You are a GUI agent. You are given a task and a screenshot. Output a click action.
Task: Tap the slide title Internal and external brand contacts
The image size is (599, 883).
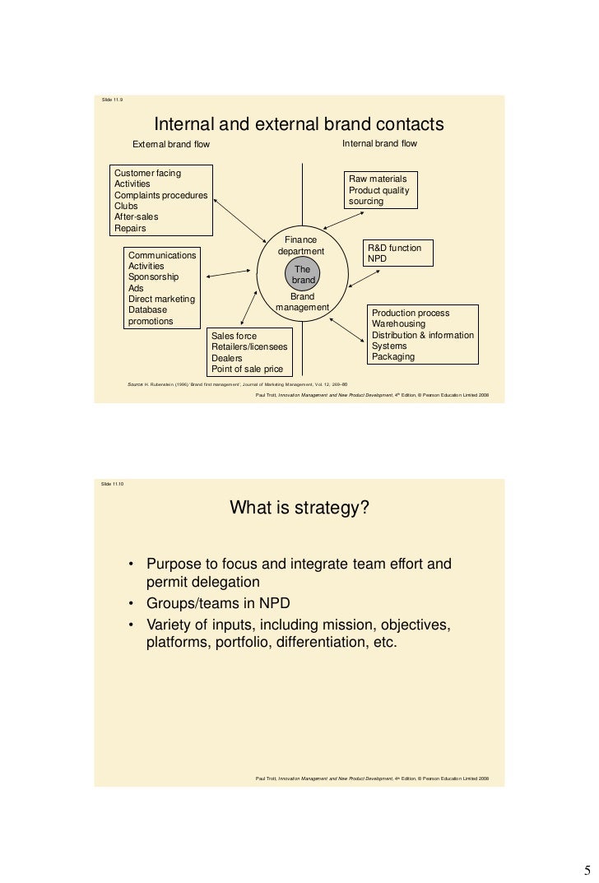299,124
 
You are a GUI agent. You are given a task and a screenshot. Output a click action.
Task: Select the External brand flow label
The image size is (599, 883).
172,145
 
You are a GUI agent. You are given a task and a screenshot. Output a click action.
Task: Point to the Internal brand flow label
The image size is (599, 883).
380,144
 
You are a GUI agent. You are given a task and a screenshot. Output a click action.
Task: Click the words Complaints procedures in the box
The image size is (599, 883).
160,195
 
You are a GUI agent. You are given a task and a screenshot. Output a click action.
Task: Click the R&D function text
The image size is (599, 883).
394,248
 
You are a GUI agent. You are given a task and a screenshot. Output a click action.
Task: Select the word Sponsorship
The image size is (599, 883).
153,277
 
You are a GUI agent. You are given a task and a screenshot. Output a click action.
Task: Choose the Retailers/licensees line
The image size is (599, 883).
249,347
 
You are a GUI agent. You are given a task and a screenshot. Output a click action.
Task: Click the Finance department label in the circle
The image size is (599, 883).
301,245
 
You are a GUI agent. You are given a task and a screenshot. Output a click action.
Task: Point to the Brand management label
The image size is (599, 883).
301,302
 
